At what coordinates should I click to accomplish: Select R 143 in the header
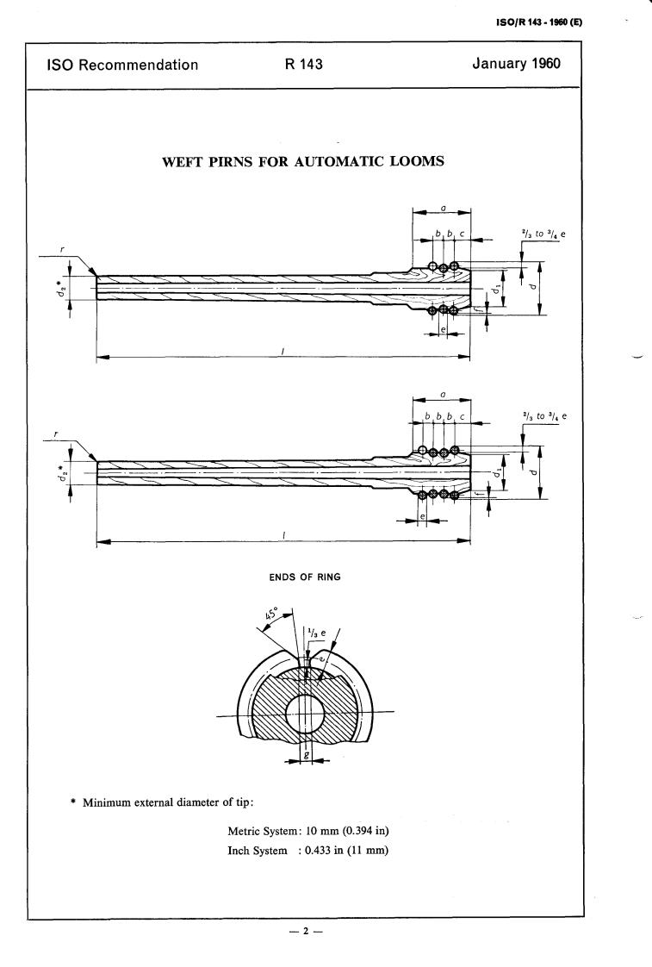point(303,65)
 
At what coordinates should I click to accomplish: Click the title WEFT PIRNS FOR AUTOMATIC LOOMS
point(303,160)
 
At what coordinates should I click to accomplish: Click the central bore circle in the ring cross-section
point(305,714)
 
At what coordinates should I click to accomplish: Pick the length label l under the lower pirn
point(283,534)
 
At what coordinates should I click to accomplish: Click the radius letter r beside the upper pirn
point(62,250)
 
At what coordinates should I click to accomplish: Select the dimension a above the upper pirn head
point(442,208)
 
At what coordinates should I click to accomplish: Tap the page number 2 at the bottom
point(305,932)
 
